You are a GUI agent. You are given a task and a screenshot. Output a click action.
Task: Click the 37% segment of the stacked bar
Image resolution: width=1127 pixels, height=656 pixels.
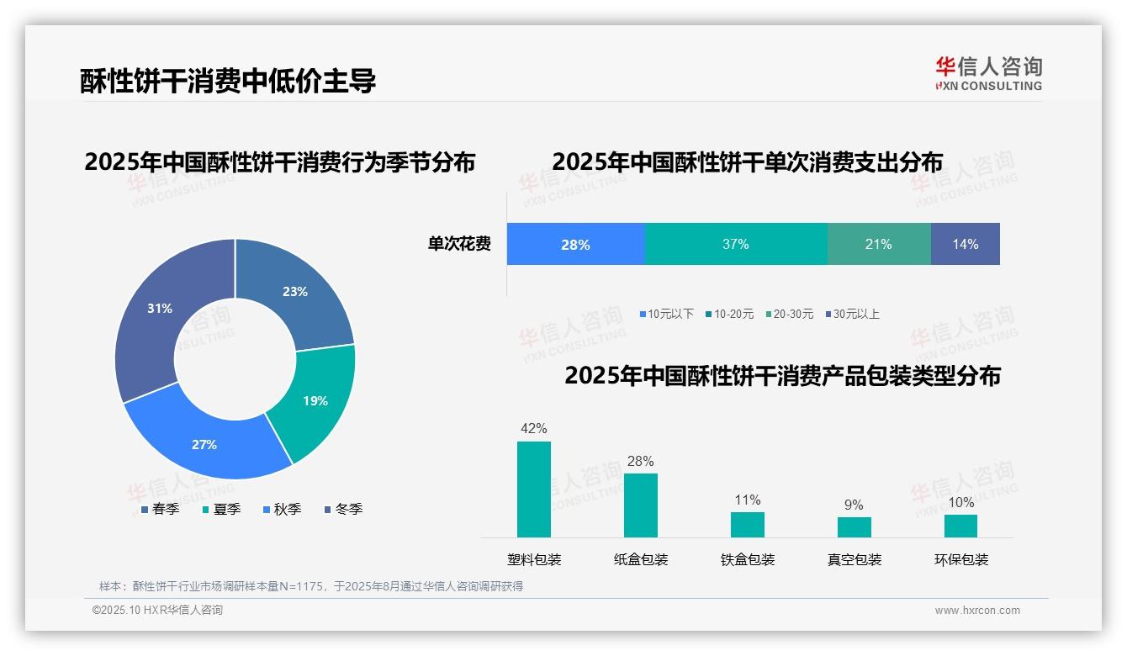(735, 244)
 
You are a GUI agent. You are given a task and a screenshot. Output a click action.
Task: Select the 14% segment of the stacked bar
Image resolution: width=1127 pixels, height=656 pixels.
(965, 244)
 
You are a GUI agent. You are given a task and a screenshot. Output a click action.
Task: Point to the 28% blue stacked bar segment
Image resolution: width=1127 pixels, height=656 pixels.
(575, 244)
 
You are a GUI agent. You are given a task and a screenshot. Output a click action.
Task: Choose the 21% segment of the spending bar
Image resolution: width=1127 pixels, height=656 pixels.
(878, 244)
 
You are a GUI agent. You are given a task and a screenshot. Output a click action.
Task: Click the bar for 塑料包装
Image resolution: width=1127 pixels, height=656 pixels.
(533, 489)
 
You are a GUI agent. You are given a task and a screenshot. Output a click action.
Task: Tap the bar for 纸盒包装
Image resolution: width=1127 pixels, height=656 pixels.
(640, 505)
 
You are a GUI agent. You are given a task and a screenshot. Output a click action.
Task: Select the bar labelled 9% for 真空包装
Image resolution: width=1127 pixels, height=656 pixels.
(854, 526)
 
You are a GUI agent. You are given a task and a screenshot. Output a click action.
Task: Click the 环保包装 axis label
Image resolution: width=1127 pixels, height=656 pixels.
(960, 559)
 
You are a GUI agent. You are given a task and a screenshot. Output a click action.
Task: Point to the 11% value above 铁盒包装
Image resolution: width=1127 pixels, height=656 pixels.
(747, 500)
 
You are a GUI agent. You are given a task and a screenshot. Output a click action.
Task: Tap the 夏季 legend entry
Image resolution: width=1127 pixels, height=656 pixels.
(222, 509)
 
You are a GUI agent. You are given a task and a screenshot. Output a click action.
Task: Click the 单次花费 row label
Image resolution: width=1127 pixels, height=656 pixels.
(459, 244)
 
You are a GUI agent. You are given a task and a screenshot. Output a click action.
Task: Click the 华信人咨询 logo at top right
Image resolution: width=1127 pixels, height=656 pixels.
(988, 73)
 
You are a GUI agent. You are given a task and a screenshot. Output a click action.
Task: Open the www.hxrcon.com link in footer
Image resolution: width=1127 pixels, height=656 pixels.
(976, 610)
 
